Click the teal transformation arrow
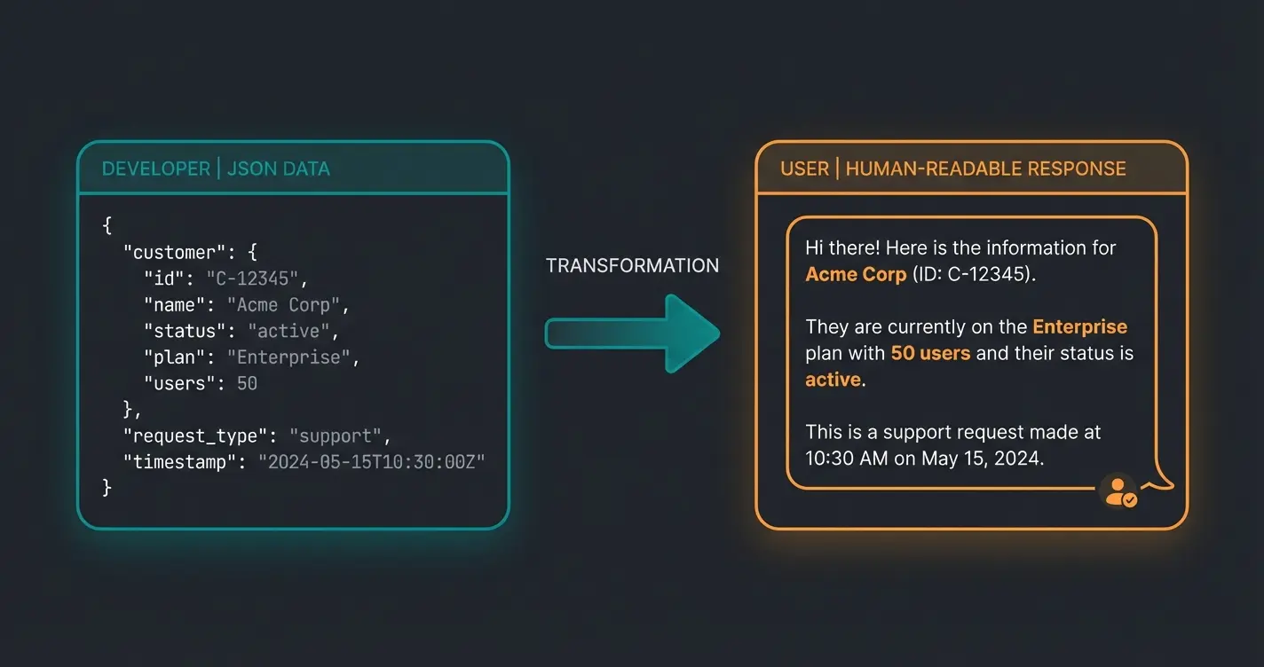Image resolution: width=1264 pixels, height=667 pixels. [632, 333]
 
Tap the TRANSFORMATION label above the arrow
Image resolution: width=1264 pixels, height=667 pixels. [632, 265]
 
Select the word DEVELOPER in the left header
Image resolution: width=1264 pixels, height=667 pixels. [155, 169]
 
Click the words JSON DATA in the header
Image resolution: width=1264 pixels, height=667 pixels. [278, 169]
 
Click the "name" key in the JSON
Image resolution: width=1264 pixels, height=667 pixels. [176, 305]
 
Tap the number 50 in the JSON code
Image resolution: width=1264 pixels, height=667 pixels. [247, 383]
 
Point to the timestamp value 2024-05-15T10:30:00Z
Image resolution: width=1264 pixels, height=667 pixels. [371, 462]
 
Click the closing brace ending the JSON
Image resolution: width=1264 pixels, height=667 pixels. [107, 488]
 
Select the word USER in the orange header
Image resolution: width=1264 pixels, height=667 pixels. [804, 169]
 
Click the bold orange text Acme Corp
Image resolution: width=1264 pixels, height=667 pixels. [855, 274]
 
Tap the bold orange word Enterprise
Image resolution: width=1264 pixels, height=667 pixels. [1079, 327]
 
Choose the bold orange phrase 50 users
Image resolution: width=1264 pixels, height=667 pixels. [930, 353]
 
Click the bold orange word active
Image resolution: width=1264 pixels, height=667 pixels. [833, 380]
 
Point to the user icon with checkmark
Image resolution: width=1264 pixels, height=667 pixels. [1118, 490]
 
